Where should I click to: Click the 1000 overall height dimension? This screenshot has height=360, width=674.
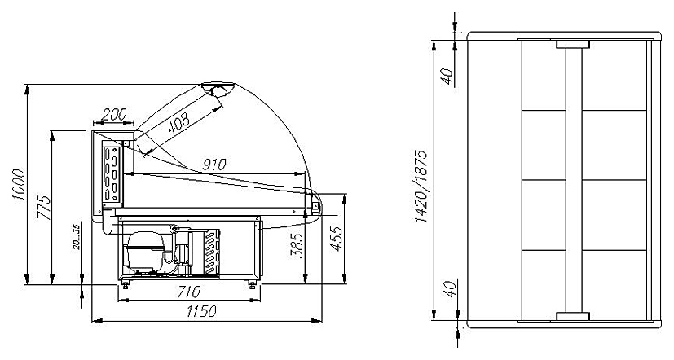pyautogui.click(x=20, y=184)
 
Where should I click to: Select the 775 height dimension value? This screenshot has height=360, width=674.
pyautogui.click(x=44, y=208)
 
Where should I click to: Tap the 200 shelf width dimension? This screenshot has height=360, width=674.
pyautogui.click(x=113, y=114)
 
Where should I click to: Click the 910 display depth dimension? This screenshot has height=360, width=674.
pyautogui.click(x=214, y=164)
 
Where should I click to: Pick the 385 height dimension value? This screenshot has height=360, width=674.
pyautogui.click(x=297, y=245)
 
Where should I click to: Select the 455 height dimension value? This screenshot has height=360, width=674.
pyautogui.click(x=337, y=239)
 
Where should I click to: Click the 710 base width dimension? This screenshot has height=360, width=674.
pyautogui.click(x=189, y=292)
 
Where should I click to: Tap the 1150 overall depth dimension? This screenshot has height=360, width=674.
pyautogui.click(x=201, y=310)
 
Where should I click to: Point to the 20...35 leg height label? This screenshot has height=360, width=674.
pyautogui.click(x=77, y=236)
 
